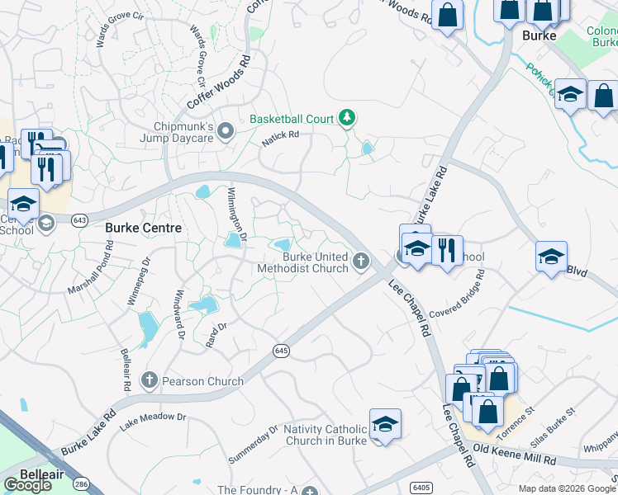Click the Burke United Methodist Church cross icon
360,262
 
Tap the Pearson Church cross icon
150,380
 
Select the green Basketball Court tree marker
348,119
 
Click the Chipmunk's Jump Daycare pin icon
226,137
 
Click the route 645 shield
281,351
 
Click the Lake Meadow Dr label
153,422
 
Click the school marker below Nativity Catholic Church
385,425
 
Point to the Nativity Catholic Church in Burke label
325,434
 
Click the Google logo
28,486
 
